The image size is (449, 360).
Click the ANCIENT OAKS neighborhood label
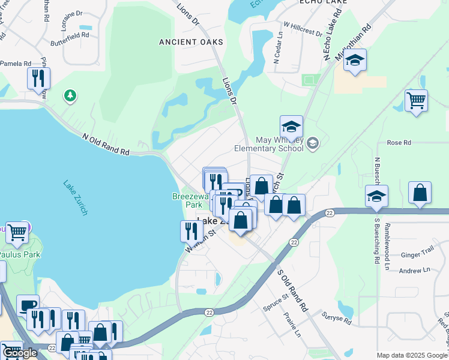tap(191, 42)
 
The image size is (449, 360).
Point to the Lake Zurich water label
tap(76, 197)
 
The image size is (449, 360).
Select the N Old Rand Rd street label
tap(106, 144)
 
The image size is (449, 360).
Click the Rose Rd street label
tap(399, 143)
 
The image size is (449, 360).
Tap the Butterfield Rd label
tap(70, 35)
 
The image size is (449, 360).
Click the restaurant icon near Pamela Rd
tap(38, 78)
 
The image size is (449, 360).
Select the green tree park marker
tap(70, 95)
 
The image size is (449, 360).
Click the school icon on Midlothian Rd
tap(355, 61)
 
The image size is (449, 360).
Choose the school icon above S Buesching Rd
tap(376, 196)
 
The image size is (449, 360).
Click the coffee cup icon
tap(27, 305)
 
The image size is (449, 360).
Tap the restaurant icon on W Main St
tap(191, 230)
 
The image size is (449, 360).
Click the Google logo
tap(19, 353)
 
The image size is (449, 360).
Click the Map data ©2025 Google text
tap(412, 355)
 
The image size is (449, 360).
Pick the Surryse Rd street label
tap(336, 317)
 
